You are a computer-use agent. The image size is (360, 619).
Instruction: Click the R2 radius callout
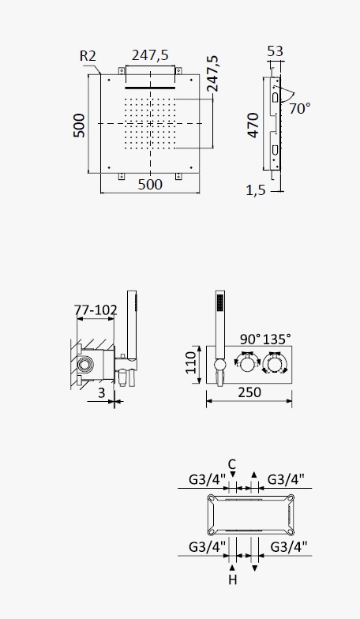coord(88,55)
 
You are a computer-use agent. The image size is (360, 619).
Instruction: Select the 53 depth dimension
coord(275,51)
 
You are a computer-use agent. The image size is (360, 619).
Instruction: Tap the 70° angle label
coord(300,107)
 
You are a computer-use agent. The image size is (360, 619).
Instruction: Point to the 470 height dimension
coord(253,126)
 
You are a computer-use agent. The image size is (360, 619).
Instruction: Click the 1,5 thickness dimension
coord(256,190)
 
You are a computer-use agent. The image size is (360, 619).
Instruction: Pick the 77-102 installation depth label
coord(96,309)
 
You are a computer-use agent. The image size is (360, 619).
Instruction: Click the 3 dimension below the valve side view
coord(101,393)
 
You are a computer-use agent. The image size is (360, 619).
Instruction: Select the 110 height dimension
coord(191,362)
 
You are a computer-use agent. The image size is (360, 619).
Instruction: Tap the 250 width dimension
coord(249,392)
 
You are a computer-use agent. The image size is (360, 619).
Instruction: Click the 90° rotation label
coord(250,339)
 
